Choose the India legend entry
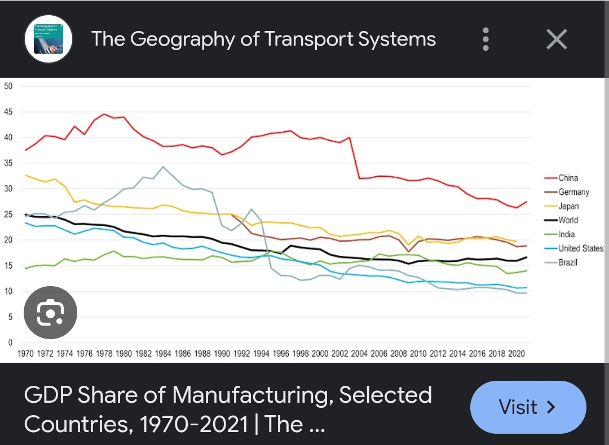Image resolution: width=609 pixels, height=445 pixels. point(566,234)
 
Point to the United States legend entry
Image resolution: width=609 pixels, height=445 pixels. point(580,248)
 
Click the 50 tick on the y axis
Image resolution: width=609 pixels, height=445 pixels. point(8,86)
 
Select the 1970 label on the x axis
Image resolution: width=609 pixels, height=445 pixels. point(25,354)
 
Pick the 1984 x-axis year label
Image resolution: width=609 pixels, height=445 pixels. point(163,354)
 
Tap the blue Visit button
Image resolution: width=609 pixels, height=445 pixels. point(528,407)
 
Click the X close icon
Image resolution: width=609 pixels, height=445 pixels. point(557,39)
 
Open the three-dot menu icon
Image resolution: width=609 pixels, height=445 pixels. point(486,39)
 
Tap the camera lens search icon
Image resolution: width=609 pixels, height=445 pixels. point(50,313)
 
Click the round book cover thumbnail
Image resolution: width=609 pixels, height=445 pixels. point(48,39)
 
